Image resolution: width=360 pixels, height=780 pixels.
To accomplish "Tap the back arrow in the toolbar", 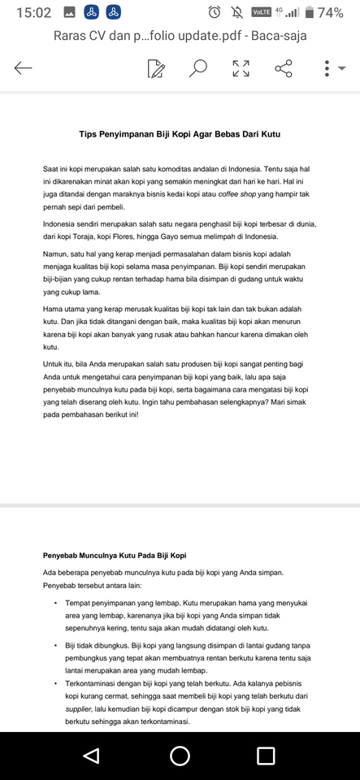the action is (x=23, y=68).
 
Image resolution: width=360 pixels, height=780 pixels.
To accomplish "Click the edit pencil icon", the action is (x=156, y=68).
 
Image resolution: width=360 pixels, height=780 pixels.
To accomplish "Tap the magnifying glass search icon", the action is (x=197, y=68).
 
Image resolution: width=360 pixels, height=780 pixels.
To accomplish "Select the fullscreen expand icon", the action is (x=241, y=68).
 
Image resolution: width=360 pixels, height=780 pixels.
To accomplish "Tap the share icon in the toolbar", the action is (x=284, y=68).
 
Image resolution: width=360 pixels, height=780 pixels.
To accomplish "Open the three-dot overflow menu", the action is (x=327, y=68).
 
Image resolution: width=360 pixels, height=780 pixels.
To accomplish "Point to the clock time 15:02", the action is (x=33, y=12).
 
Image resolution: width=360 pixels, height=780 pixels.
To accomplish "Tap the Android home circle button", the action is (x=180, y=756).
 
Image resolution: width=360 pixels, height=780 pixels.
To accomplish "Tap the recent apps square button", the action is (x=266, y=756).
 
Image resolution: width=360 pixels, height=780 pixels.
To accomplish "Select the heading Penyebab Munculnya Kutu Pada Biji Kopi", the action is (x=115, y=556).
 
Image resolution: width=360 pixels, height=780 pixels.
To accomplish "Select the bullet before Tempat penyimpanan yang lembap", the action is (x=56, y=604).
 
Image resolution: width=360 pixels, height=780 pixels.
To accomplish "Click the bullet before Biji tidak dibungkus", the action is (x=56, y=645).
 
